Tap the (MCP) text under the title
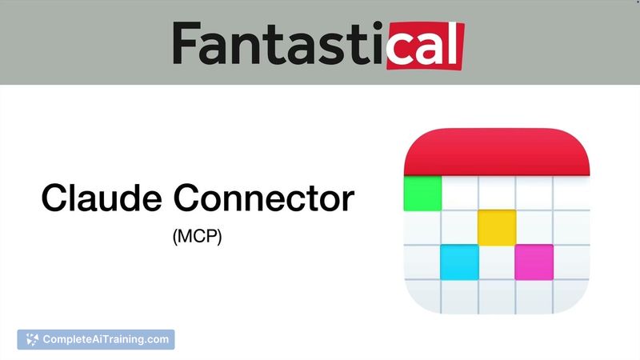pyautogui.click(x=197, y=238)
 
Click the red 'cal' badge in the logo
pyautogui.click(x=425, y=45)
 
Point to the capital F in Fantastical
pyautogui.click(x=186, y=45)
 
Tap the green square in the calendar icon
pyautogui.click(x=423, y=193)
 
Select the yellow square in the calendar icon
pyautogui.click(x=497, y=227)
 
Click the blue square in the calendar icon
pyautogui.click(x=460, y=262)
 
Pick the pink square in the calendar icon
pyautogui.click(x=534, y=262)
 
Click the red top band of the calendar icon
pyautogui.click(x=497, y=152)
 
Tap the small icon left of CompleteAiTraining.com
pyautogui.click(x=31, y=340)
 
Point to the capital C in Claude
pyautogui.click(x=56, y=198)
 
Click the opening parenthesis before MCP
pyautogui.click(x=175, y=238)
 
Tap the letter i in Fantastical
pyautogui.click(x=377, y=45)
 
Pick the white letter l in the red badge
pyautogui.click(x=454, y=44)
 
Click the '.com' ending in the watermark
pyautogui.click(x=157, y=339)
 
